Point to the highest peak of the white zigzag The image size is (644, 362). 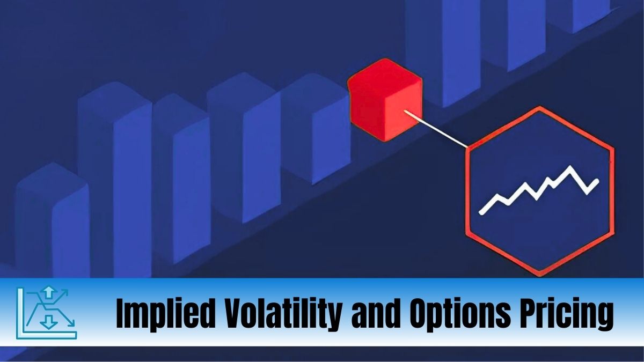[570, 168]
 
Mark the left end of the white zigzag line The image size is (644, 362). [481, 212]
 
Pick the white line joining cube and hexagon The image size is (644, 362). [437, 128]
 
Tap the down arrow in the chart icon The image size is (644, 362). [49, 322]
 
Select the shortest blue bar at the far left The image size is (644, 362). [51, 225]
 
